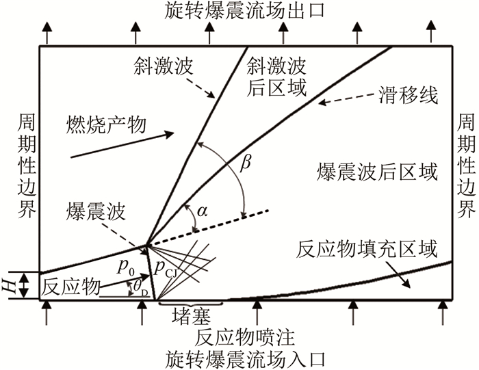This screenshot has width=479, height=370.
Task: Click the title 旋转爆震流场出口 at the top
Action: [239, 10]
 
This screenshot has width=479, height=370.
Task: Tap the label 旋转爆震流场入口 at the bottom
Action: [239, 358]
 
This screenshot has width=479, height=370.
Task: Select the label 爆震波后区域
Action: [376, 170]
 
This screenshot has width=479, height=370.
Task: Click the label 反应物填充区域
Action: [367, 250]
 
